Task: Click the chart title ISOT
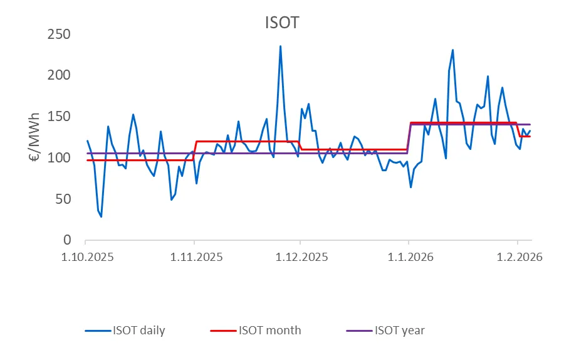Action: point(281,23)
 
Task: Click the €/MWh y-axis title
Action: point(36,137)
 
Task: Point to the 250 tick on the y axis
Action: point(61,34)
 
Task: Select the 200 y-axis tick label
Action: point(61,75)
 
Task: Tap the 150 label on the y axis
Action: point(61,117)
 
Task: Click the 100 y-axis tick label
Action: point(61,157)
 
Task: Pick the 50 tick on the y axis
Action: point(65,199)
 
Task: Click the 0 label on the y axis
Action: point(69,240)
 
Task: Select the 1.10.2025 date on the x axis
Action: point(85,258)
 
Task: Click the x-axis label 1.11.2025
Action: point(194,258)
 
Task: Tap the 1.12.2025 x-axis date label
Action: point(300,258)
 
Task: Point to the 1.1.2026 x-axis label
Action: point(409,258)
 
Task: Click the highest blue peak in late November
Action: point(280,46)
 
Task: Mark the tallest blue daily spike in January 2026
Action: point(452,50)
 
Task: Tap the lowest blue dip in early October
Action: point(101,216)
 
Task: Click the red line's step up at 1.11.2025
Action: point(196,151)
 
